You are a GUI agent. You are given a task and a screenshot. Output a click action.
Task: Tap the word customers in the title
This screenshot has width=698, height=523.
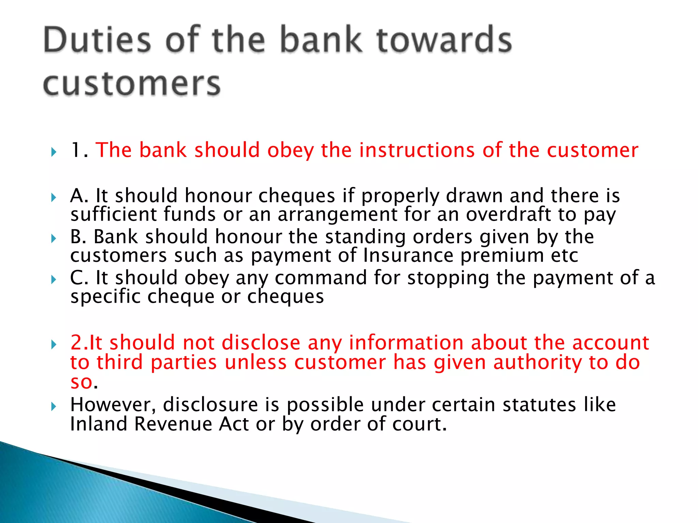132,84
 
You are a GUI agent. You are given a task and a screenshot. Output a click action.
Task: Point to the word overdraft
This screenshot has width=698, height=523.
508,215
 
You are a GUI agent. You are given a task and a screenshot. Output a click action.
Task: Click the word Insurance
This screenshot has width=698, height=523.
408,255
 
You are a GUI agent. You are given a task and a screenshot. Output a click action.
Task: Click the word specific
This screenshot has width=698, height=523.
105,297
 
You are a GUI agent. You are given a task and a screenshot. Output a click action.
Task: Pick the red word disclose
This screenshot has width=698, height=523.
261,343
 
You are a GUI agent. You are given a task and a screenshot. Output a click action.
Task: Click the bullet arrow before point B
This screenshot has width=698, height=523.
53,238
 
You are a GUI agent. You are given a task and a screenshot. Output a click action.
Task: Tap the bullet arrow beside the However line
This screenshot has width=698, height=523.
53,406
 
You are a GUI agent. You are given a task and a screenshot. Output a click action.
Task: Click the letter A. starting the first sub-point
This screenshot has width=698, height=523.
79,196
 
